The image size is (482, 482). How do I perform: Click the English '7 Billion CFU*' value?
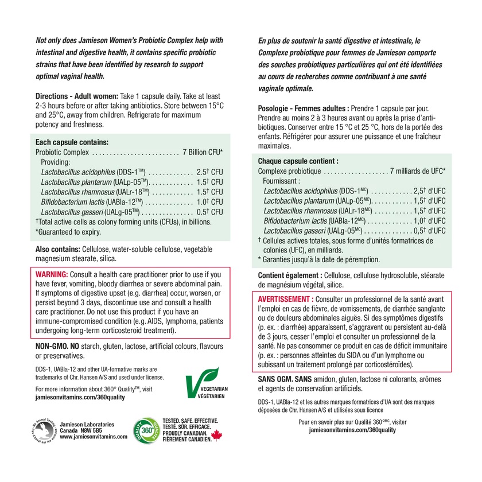coord(203,153)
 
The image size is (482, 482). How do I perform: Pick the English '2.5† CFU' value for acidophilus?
coord(209,172)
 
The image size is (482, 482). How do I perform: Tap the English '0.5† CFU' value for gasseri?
coord(209,212)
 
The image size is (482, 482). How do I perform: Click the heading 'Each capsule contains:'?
coord(72,142)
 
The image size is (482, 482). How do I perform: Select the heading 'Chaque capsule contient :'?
coord(298,161)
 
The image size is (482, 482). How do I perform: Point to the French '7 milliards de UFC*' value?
coord(418,172)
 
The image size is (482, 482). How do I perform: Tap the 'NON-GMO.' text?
coord(56,347)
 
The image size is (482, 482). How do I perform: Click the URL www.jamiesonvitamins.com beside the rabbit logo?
coord(93,437)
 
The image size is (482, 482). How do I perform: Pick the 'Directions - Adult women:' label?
coord(77,96)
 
